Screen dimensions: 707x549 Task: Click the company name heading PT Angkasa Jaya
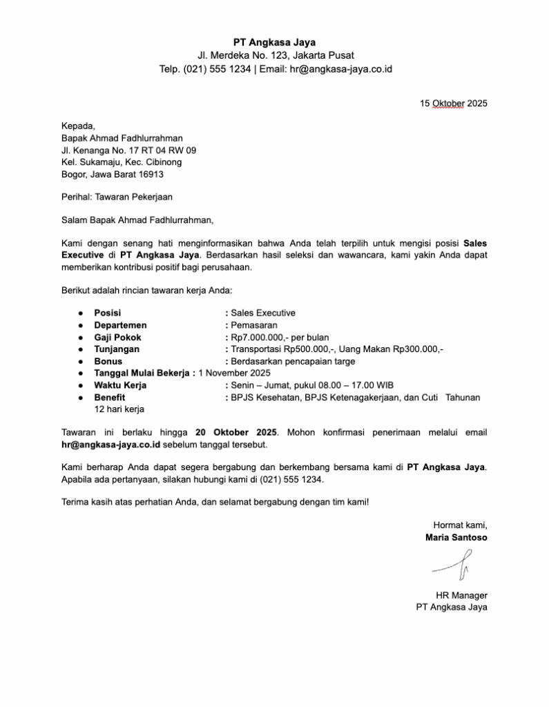tap(274, 42)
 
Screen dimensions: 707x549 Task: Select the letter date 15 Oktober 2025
tap(453, 104)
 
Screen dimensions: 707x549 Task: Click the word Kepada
tap(77, 125)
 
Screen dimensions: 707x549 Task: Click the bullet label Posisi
tap(107, 313)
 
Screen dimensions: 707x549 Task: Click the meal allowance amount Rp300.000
tap(418, 349)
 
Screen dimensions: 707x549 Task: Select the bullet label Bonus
tap(108, 361)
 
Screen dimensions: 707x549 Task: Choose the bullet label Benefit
tap(110, 397)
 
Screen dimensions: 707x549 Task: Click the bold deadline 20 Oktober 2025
tap(236, 432)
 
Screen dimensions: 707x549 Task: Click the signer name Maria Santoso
tap(456, 536)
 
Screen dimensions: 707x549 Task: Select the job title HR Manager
tap(461, 594)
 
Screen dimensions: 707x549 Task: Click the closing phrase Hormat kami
tap(460, 524)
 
